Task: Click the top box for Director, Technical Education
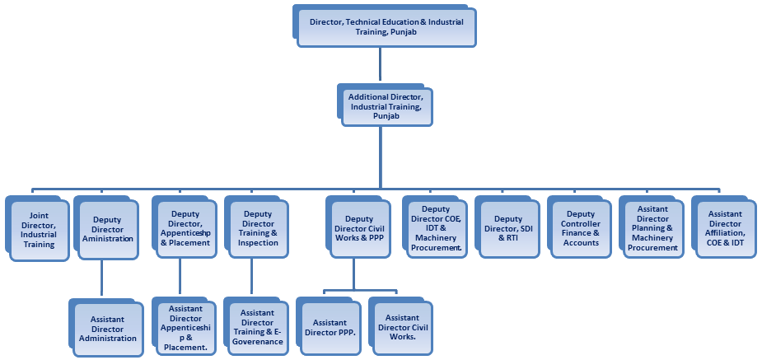(x=385, y=26)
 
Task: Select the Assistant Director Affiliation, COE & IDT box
(x=724, y=228)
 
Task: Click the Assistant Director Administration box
(x=103, y=327)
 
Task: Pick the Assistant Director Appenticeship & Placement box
(x=186, y=327)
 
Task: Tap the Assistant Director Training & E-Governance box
(x=258, y=327)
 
